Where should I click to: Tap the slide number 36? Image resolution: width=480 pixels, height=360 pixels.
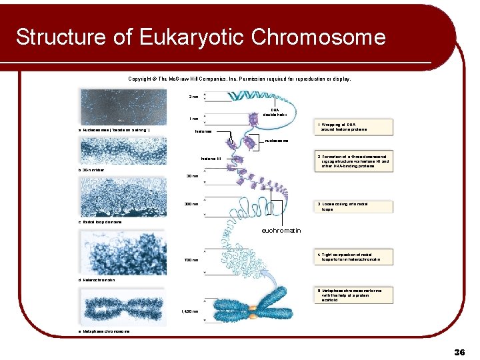(459, 351)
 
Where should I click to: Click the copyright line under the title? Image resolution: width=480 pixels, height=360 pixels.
(239, 79)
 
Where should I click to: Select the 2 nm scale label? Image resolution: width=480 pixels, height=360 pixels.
(193, 97)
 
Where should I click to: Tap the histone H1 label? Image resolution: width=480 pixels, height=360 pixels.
(210, 159)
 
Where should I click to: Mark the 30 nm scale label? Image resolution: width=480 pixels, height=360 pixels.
(191, 177)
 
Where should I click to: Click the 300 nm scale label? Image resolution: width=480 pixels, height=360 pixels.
(191, 205)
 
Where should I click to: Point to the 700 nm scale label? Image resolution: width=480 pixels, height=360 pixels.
(191, 260)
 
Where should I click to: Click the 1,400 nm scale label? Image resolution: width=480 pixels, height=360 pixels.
(189, 311)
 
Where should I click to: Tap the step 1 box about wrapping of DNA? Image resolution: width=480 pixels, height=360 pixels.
(353, 127)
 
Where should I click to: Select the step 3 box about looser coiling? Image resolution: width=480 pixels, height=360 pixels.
(353, 207)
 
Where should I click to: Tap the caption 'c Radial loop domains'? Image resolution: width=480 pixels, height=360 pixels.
(101, 222)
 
